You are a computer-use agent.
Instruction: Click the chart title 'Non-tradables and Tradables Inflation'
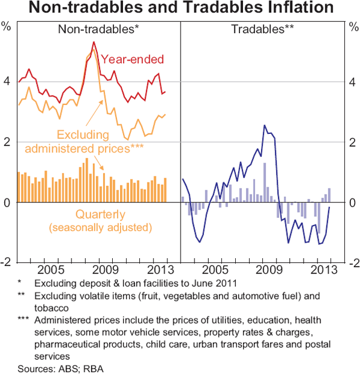180,8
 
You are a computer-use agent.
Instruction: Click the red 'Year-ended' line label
132,59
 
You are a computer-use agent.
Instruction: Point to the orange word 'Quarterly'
100,214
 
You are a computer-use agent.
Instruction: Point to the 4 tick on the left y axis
8,82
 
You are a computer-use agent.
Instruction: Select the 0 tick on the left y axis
8,203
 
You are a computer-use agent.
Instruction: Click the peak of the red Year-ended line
94,42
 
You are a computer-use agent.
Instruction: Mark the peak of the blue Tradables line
265,125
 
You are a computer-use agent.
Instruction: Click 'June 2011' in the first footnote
205,283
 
